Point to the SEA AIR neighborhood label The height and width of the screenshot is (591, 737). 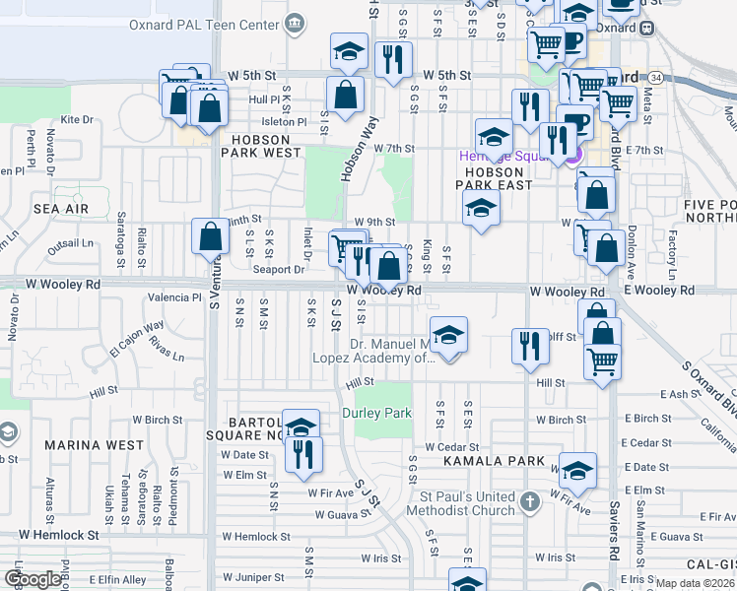61,209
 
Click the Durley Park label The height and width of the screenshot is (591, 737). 375,413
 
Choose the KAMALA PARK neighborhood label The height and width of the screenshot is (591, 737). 494,461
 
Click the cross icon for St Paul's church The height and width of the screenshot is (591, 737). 530,502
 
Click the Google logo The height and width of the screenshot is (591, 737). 33,579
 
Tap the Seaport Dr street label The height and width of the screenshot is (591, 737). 279,269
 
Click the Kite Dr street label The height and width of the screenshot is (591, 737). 76,119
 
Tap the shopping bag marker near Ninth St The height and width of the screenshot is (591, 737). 210,236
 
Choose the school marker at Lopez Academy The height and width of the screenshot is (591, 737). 448,336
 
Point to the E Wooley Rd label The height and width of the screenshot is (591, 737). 661,291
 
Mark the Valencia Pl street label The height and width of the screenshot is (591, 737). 173,296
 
